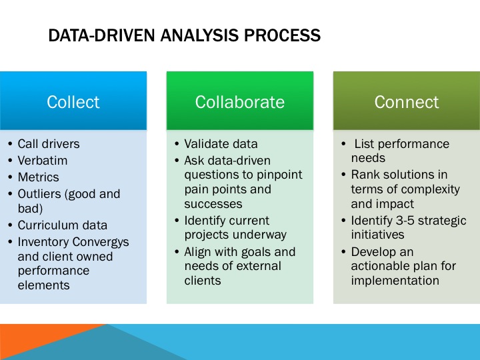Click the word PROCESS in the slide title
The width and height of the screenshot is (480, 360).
[x=282, y=35]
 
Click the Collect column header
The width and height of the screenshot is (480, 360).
[x=73, y=102]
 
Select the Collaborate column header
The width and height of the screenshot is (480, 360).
[x=239, y=102]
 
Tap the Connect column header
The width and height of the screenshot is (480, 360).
[x=406, y=102]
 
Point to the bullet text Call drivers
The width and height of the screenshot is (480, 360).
[x=48, y=143]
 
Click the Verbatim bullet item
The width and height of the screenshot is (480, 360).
[x=42, y=161]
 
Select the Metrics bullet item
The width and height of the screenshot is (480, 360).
[x=38, y=177]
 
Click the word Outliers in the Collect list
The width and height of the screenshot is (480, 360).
[x=39, y=194]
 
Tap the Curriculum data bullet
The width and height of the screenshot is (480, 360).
[x=62, y=225]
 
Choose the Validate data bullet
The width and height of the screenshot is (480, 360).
[x=221, y=143]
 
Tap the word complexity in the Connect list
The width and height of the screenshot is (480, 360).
[x=429, y=189]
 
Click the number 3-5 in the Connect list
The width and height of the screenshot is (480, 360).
[x=407, y=221]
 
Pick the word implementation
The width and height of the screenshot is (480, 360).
[x=395, y=281]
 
